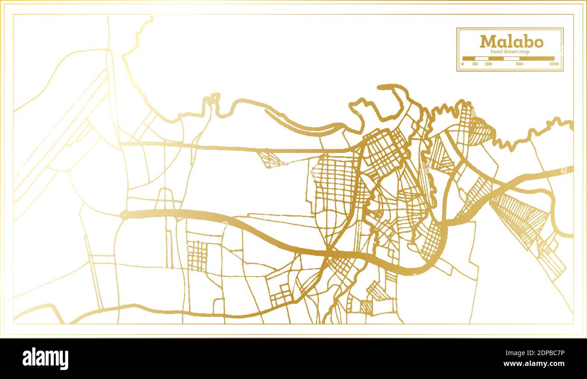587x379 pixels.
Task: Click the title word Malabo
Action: [x=511, y=42]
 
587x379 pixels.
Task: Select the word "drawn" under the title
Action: [x=512, y=52]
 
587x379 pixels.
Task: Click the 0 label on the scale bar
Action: [x=462, y=64]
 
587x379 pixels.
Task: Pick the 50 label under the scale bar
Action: [x=475, y=64]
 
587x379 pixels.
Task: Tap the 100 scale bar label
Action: [x=488, y=64]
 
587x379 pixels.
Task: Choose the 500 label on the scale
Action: [x=519, y=64]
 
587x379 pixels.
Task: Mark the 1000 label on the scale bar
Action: [x=554, y=64]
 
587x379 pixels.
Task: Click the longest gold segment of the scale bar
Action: [x=537, y=59]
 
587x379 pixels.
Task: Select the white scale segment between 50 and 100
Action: [x=482, y=59]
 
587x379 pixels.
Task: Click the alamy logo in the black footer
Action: [x=45, y=359]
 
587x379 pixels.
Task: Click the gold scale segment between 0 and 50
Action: [x=469, y=59]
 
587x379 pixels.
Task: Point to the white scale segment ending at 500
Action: [x=512, y=59]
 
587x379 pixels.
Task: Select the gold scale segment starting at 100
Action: [x=496, y=59]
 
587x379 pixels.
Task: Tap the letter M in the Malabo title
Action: [x=487, y=42]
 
